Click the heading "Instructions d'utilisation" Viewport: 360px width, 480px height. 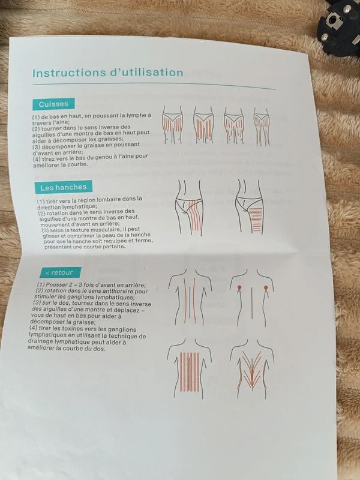point(108,73)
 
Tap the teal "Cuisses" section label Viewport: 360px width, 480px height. point(53,104)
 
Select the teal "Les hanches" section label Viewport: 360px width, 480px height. point(64,187)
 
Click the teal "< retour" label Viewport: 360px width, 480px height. point(61,272)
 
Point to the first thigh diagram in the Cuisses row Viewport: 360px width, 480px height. point(172,125)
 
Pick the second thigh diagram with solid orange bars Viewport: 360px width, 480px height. point(203,125)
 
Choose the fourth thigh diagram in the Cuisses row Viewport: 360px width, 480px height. point(262,126)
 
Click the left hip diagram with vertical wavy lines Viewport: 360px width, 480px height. point(189,208)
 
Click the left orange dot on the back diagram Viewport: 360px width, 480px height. point(239,287)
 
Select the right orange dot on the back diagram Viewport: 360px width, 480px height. point(266,287)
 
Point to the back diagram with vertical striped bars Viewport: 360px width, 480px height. point(190,368)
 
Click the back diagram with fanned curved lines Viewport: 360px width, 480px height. point(252,368)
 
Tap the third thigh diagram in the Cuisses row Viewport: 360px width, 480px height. point(234,125)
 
